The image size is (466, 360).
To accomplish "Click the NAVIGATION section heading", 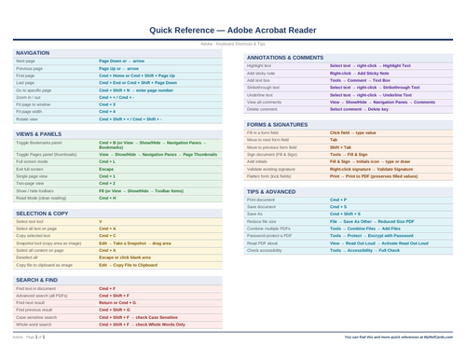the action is (34, 53).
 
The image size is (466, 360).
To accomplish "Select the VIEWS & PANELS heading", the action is (39, 134).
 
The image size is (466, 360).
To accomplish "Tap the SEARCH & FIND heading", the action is (38, 280).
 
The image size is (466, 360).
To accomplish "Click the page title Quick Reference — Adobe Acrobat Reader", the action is (233, 29).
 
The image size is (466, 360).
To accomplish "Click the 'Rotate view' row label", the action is (28, 119).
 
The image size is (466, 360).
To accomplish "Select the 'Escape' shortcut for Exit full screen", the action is (107, 169).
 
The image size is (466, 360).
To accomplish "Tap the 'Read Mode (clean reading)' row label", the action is (39, 198).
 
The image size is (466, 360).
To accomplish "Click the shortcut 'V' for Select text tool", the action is (101, 221).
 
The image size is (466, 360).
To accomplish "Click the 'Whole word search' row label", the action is (34, 324).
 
